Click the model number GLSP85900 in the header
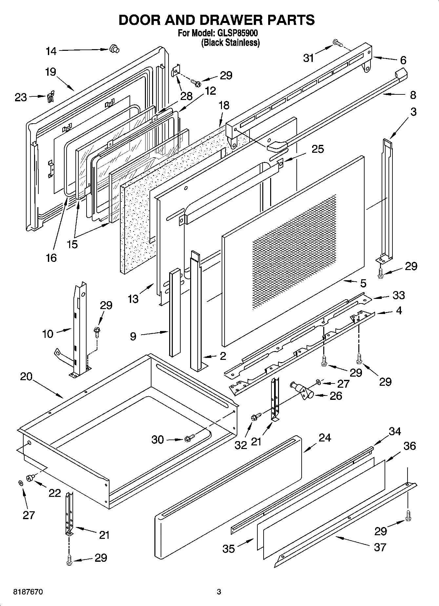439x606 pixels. pyautogui.click(x=236, y=33)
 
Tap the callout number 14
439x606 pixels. pyautogui.click(x=51, y=51)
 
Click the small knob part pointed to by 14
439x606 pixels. pyautogui.click(x=114, y=49)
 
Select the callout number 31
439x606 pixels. pyautogui.click(x=309, y=58)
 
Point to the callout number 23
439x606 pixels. pyautogui.click(x=21, y=97)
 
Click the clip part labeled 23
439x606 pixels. pyautogui.click(x=50, y=96)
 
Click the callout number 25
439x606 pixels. pyautogui.click(x=317, y=149)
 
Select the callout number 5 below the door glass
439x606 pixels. pyautogui.click(x=363, y=283)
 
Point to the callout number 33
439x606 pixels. pyautogui.click(x=399, y=295)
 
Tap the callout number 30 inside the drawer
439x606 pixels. pyautogui.click(x=157, y=440)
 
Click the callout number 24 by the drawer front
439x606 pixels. pyautogui.click(x=325, y=438)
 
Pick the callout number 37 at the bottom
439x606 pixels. pyautogui.click(x=380, y=547)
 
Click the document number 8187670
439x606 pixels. pyautogui.click(x=28, y=592)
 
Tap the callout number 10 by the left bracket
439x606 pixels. pyautogui.click(x=48, y=334)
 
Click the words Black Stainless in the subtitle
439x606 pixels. pyautogui.click(x=230, y=43)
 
